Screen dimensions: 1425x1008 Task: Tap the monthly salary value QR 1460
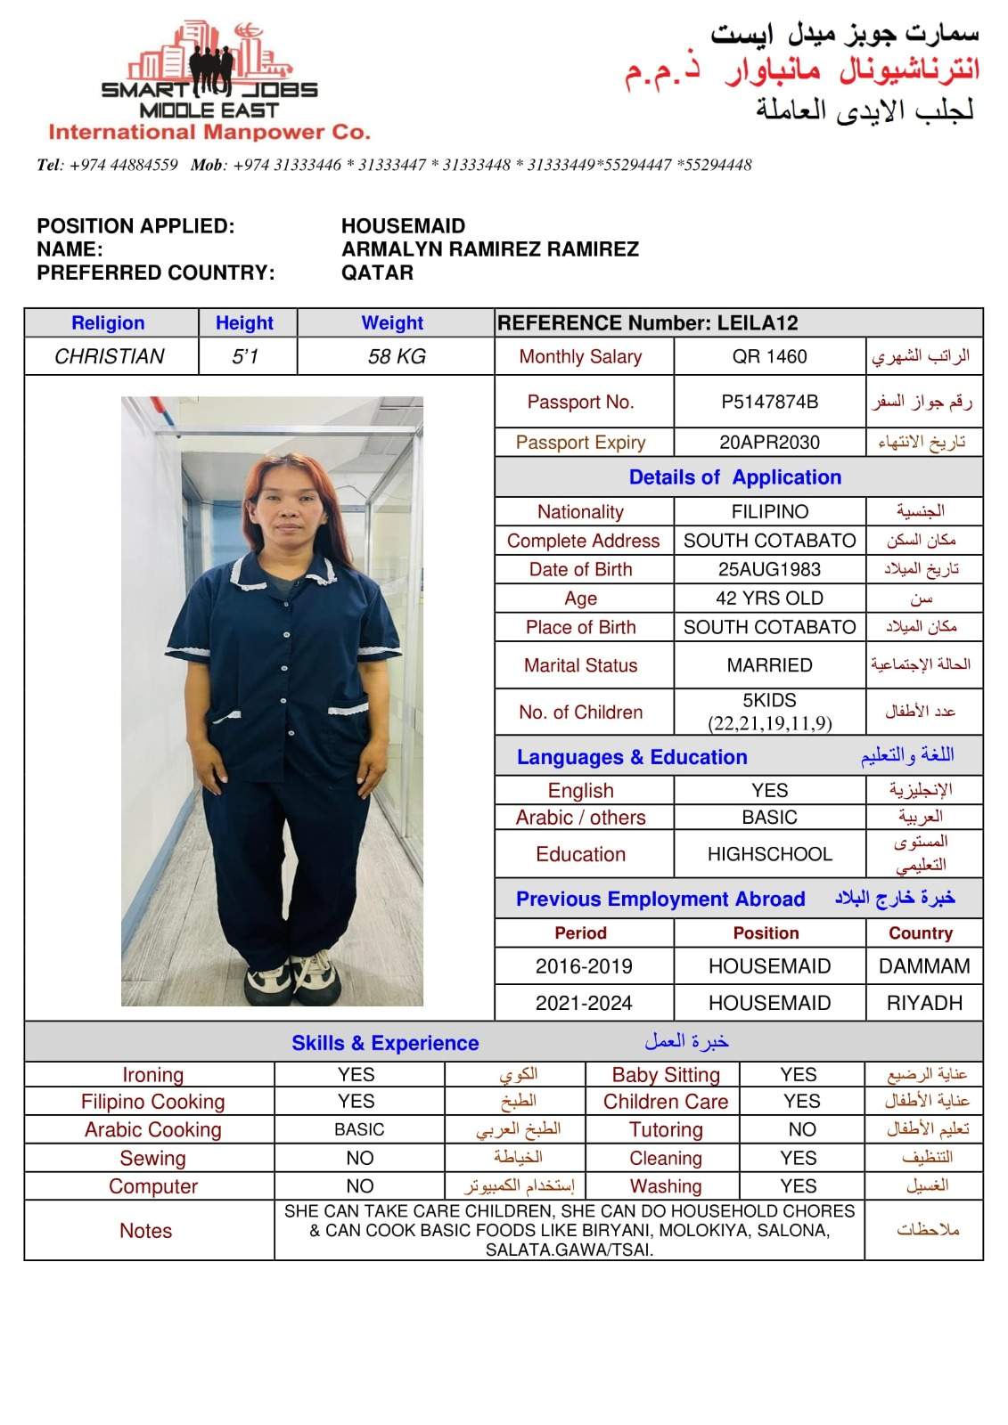[769, 357]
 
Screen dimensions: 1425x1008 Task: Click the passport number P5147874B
[769, 402]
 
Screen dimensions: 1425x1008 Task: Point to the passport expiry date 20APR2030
[769, 443]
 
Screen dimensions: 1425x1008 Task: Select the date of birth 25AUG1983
[769, 570]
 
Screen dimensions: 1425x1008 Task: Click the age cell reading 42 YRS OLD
[769, 598]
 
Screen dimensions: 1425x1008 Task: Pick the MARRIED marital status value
[769, 665]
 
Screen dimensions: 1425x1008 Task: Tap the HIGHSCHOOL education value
[769, 854]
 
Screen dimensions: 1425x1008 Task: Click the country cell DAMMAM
[923, 966]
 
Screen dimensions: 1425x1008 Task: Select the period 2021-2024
[584, 1003]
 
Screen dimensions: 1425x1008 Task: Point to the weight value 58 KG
[396, 357]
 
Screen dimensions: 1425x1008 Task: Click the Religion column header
[108, 323]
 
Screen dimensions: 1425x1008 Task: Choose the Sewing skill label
[152, 1159]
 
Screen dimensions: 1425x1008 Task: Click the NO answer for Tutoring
[801, 1130]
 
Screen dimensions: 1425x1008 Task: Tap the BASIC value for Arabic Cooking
[359, 1130]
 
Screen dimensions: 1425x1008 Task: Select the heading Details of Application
[734, 477]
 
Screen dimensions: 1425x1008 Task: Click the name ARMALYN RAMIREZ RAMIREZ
[489, 249]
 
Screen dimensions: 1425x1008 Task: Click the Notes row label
[145, 1231]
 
